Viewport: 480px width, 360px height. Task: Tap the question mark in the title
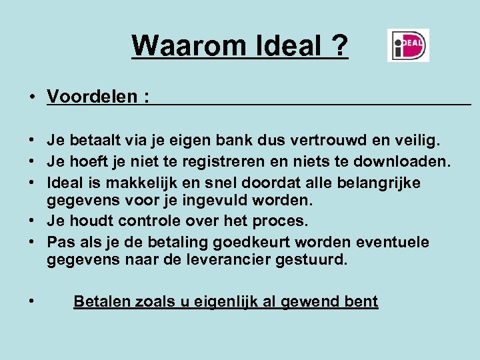(339, 46)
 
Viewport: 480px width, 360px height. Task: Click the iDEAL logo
(408, 45)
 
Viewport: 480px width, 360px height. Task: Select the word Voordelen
(93, 98)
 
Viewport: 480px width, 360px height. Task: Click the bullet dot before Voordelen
(32, 98)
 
